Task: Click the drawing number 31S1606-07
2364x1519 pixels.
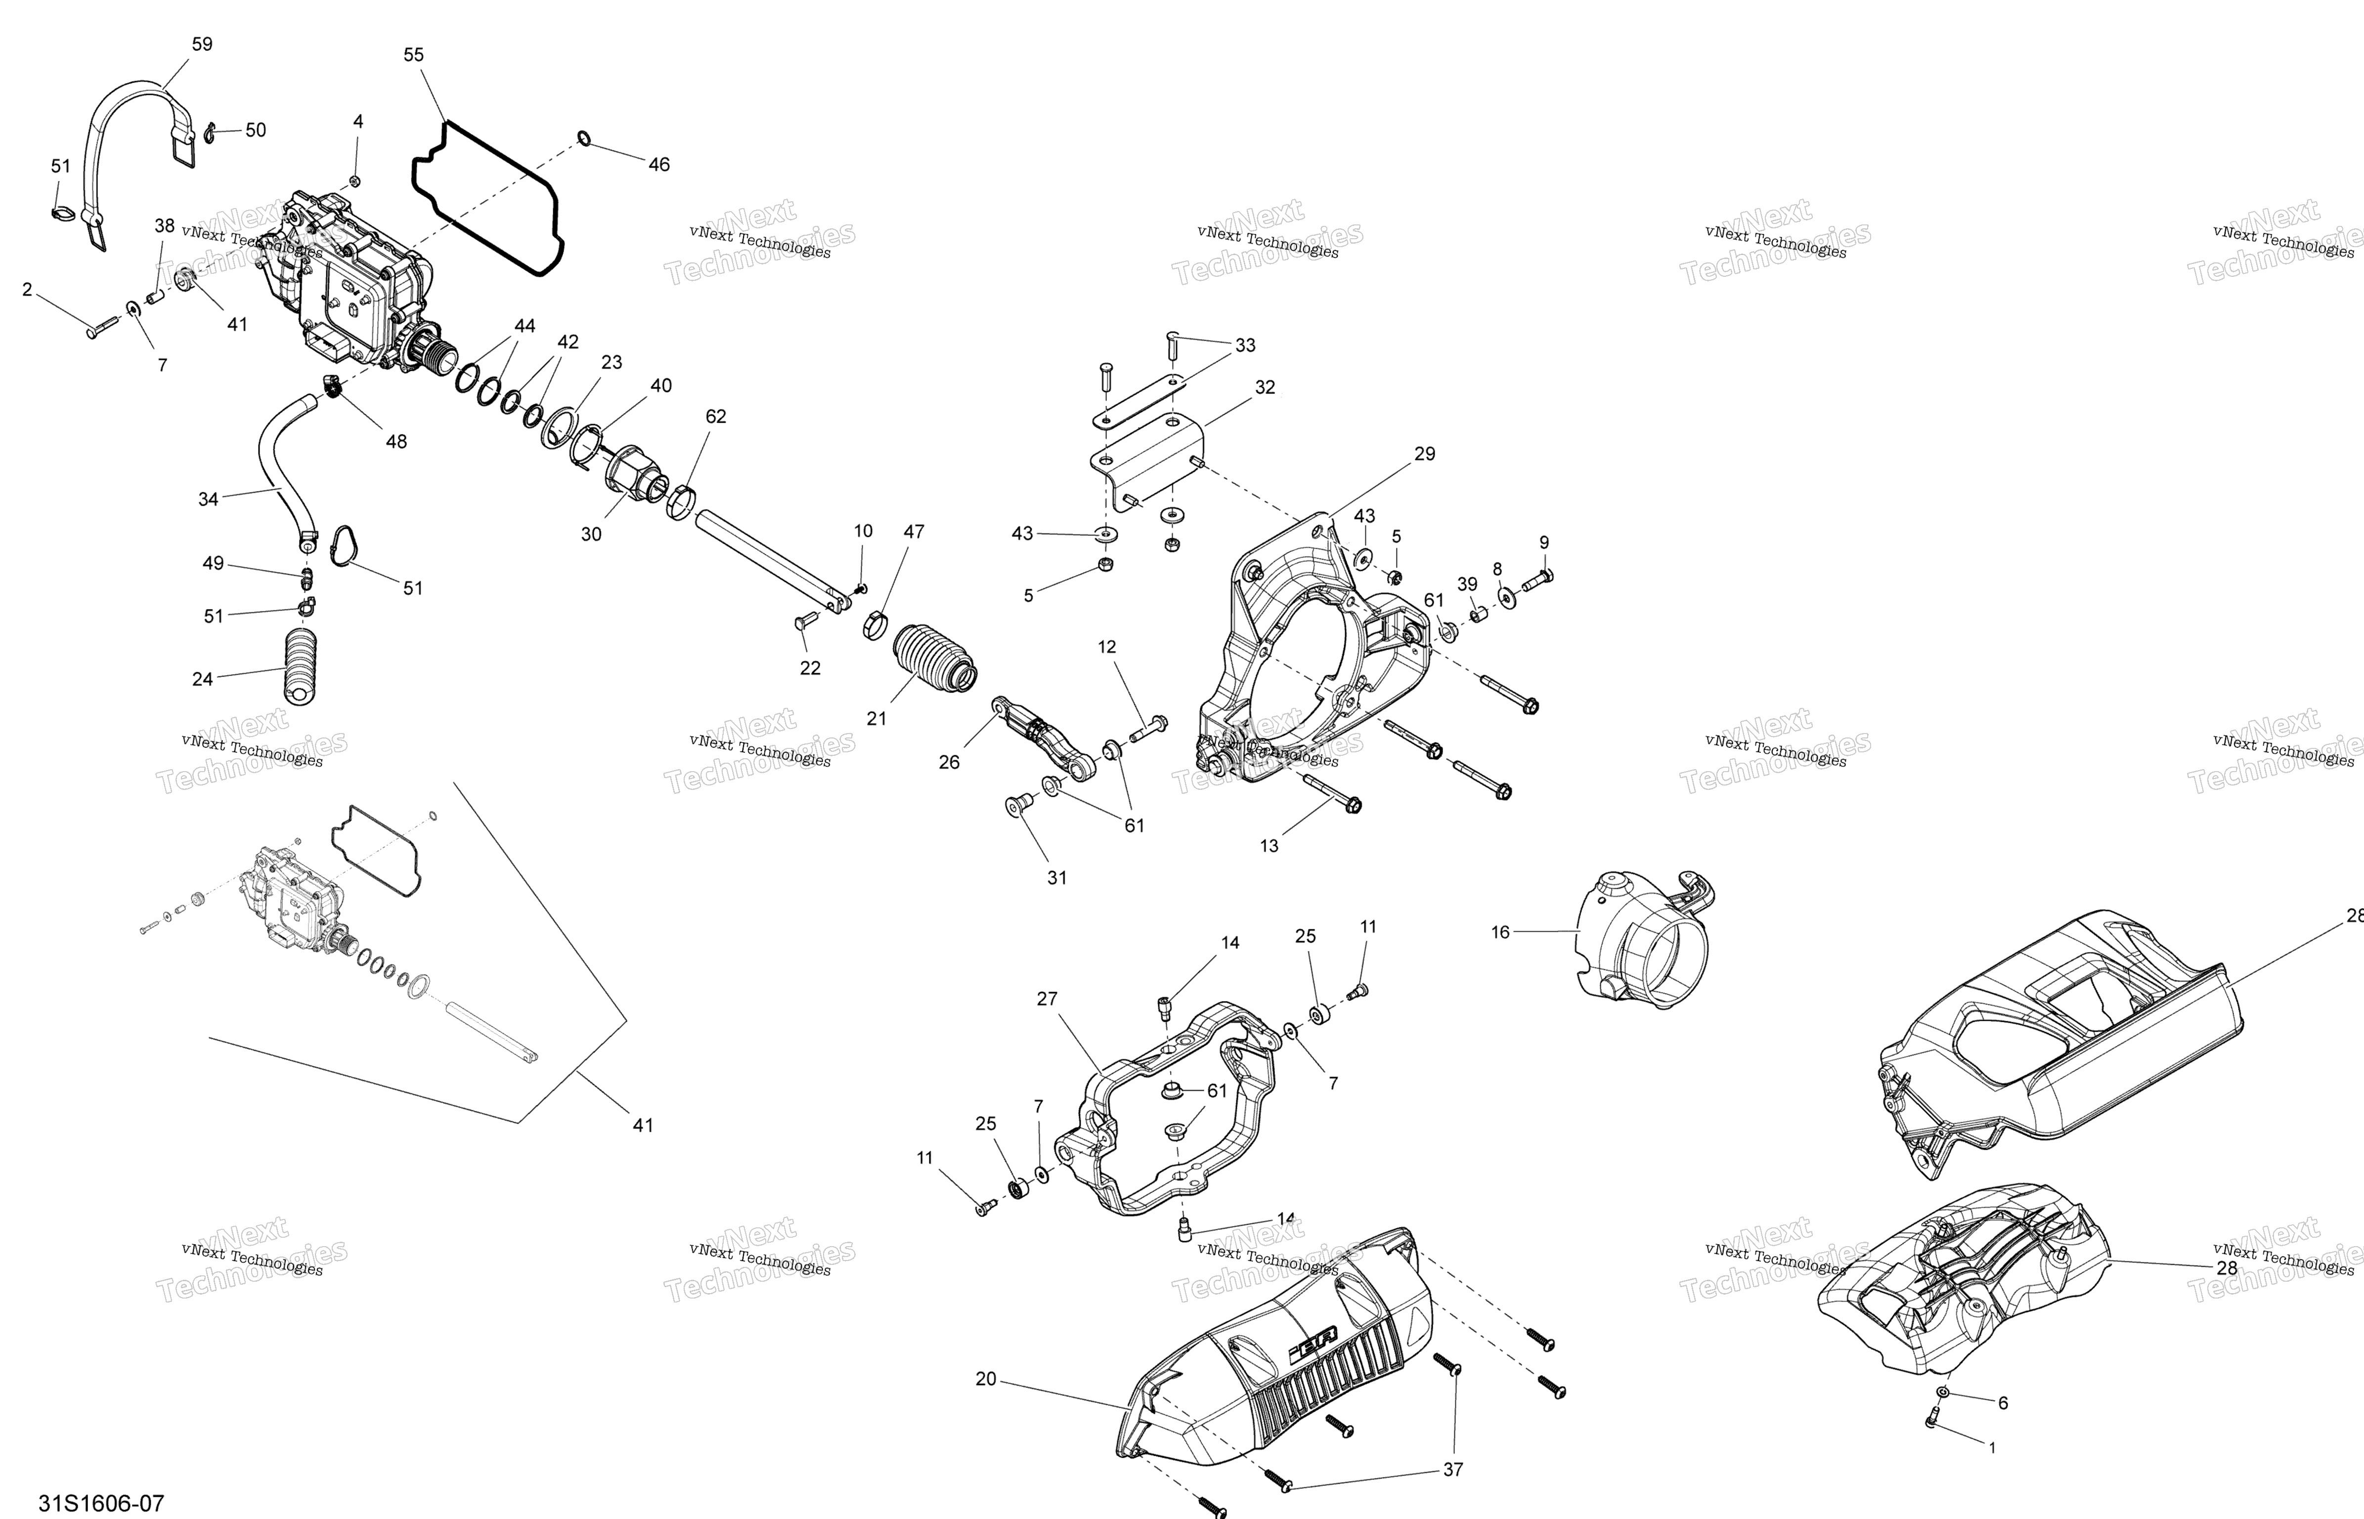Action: [100, 1503]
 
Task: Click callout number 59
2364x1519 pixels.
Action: [201, 44]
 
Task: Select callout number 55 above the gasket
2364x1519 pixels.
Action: [414, 55]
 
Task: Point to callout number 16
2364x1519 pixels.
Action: [1500, 932]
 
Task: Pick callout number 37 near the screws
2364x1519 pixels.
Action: [1453, 1470]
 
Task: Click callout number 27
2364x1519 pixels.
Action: [1048, 999]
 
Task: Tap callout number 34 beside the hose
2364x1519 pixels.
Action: [208, 499]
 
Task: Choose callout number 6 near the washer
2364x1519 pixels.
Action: [2002, 1403]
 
